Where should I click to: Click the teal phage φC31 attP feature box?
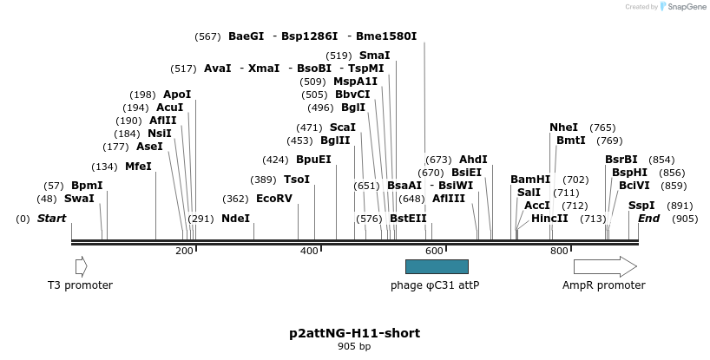click(x=437, y=266)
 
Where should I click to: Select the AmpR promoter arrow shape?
click(x=604, y=266)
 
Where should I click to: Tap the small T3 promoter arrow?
click(x=81, y=266)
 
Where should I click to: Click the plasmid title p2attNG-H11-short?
click(x=354, y=333)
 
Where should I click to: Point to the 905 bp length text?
click(x=354, y=347)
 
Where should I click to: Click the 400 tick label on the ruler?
click(x=309, y=251)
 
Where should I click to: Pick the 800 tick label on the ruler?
click(x=559, y=251)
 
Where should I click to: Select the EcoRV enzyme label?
click(x=274, y=199)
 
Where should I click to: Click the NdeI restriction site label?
click(x=235, y=219)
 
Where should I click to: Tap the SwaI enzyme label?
click(x=79, y=199)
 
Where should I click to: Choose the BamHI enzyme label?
click(x=530, y=180)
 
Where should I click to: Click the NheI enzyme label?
click(x=563, y=128)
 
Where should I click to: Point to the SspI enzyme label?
click(x=641, y=206)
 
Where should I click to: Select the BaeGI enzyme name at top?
click(x=246, y=36)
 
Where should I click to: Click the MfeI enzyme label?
click(x=138, y=167)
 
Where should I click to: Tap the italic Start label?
click(x=51, y=219)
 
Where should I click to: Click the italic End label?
click(x=649, y=219)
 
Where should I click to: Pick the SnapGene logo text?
click(x=686, y=7)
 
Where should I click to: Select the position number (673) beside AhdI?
click(x=438, y=160)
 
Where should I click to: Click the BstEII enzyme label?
click(x=408, y=219)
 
